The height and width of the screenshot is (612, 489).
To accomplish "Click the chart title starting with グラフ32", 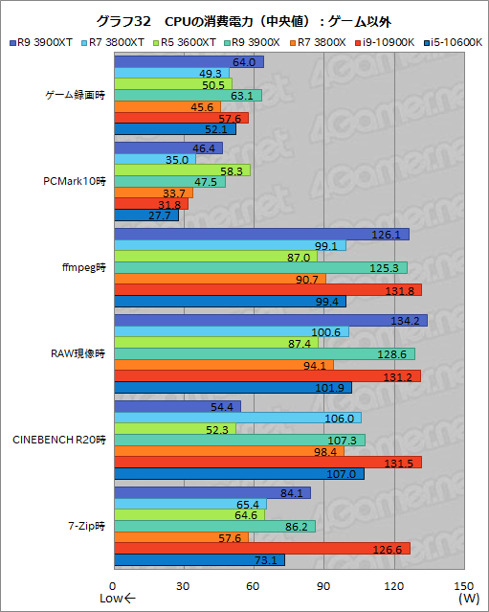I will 244,20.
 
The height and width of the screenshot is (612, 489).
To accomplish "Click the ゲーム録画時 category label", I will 74,96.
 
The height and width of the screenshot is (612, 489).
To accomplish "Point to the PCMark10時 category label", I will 75,181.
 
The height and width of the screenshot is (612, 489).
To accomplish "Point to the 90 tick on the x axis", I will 323,585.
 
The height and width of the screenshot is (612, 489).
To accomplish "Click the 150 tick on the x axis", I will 463,585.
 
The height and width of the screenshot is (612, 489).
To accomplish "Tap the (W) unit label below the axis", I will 467,600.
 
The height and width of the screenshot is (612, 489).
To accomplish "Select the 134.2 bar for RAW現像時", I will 270,320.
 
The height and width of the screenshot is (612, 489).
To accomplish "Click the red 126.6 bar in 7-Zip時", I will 261,549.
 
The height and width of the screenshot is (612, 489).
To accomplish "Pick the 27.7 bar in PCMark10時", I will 145,215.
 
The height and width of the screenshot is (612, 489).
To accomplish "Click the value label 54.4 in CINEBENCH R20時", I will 222,406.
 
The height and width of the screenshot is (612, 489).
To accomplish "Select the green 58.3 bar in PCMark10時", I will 182,170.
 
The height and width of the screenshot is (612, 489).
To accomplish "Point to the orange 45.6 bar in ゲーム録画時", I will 167,106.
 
